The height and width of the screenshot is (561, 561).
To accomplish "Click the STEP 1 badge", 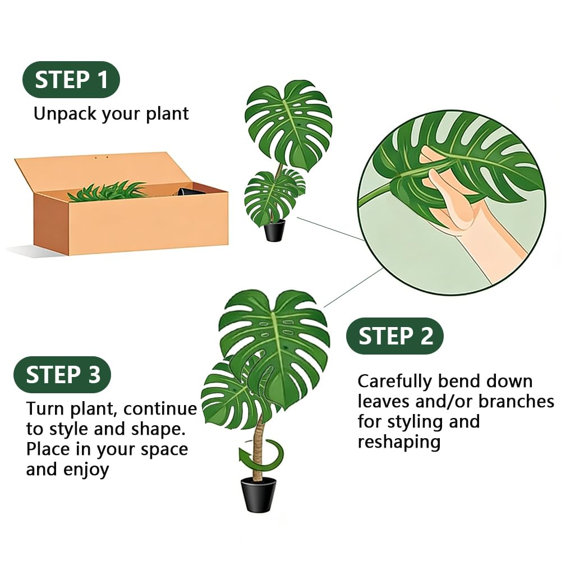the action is (71, 80).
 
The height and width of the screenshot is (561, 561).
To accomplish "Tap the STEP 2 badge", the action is (394, 336).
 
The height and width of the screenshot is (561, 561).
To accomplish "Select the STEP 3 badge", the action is (62, 375).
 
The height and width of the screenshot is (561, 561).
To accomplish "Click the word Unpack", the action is (65, 114).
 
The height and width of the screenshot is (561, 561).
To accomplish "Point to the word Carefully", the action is (394, 382).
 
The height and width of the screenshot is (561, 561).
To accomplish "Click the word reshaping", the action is (399, 443).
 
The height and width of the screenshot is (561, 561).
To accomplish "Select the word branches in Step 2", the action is (516, 402).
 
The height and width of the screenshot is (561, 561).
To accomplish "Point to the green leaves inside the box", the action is (107, 191).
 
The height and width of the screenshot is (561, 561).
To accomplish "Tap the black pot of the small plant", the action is (275, 231).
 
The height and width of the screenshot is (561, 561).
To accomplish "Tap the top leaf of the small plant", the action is (289, 123).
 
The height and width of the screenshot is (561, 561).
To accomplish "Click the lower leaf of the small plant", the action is (273, 196).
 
